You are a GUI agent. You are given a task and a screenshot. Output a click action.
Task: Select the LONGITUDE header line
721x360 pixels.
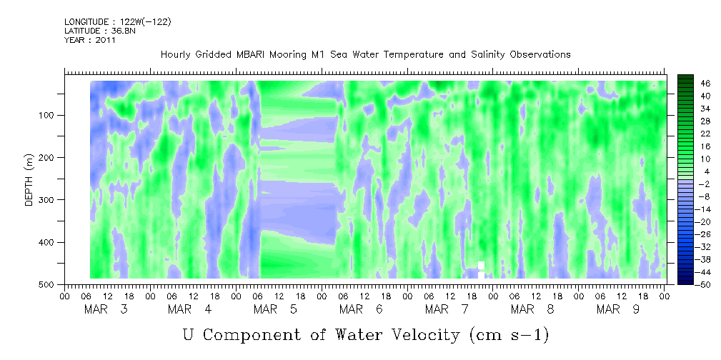117,21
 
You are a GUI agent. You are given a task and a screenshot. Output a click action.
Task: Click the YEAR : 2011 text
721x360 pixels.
90,40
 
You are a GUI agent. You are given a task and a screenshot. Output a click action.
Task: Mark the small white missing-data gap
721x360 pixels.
482,267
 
